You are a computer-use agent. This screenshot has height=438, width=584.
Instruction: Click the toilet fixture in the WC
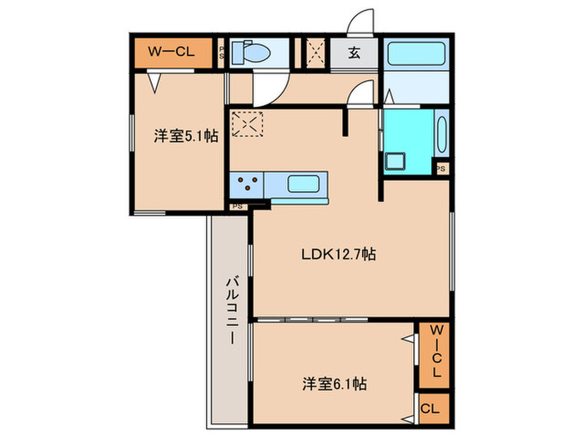tap(250, 53)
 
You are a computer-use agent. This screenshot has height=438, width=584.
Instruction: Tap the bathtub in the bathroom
tap(416, 53)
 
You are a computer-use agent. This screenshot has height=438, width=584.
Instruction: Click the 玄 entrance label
tap(355, 53)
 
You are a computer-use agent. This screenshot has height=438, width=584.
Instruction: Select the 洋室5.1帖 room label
tap(186, 136)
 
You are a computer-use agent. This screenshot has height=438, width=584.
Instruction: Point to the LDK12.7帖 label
tap(338, 254)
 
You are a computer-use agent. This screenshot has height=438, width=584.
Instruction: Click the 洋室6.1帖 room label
tap(334, 384)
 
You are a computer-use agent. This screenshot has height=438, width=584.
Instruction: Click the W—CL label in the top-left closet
tap(171, 52)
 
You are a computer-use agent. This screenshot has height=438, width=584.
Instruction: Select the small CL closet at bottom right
tap(435, 409)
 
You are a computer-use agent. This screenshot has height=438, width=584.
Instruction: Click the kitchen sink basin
tap(303, 184)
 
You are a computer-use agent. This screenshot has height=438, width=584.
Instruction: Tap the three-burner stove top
tap(247, 184)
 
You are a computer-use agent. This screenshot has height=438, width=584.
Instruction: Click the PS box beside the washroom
tap(441, 169)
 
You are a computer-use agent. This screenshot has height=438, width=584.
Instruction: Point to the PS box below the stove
tap(238, 206)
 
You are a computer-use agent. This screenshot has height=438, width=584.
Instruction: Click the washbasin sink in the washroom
tap(441, 135)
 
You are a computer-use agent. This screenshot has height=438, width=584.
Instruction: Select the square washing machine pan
tap(395, 161)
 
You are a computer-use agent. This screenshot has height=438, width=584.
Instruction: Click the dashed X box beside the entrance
tap(316, 53)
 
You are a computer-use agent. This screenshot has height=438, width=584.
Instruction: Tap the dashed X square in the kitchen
tap(247, 123)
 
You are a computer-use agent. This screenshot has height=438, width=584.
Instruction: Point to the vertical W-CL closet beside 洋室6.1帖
tap(435, 355)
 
